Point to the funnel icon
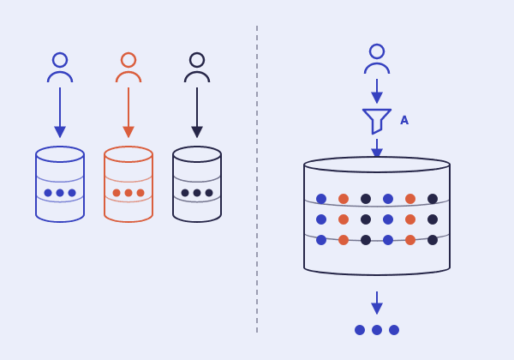(x=377, y=116)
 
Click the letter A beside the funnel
(x=404, y=120)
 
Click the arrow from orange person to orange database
(x=128, y=112)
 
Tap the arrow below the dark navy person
(x=197, y=112)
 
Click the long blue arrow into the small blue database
(x=60, y=112)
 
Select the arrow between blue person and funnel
(x=377, y=91)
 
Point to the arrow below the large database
(x=377, y=303)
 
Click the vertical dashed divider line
(x=257, y=179)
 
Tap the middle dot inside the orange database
(x=128, y=193)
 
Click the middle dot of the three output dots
(x=377, y=330)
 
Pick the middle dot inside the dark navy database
(x=197, y=193)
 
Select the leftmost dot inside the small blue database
(x=48, y=193)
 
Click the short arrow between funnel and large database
(x=377, y=149)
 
